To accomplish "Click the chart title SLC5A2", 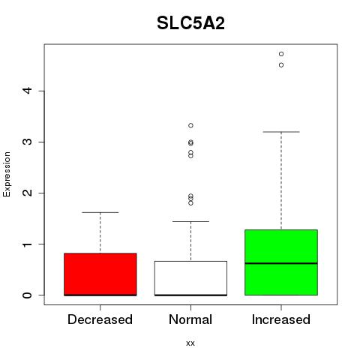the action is pyautogui.click(x=190, y=23).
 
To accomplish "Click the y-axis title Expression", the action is pyautogui.click(x=7, y=174).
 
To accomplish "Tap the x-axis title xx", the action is pyautogui.click(x=190, y=343).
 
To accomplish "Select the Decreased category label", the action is pyautogui.click(x=100, y=319).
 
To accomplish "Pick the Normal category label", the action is pyautogui.click(x=190, y=319).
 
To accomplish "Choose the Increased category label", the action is pyautogui.click(x=281, y=319).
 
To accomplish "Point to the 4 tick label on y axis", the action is pyautogui.click(x=28, y=91).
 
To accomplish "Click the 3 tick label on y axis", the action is pyautogui.click(x=28, y=142).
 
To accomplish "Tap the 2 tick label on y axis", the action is pyautogui.click(x=28, y=193).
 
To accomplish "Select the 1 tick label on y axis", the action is pyautogui.click(x=28, y=244).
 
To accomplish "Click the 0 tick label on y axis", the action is pyautogui.click(x=28, y=295).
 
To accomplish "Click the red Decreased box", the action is pyautogui.click(x=100, y=274).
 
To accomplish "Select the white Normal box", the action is pyautogui.click(x=190, y=278).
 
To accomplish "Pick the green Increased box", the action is pyautogui.click(x=281, y=262).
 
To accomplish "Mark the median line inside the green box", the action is pyautogui.click(x=281, y=263).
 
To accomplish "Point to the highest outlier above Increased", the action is pyautogui.click(x=281, y=54).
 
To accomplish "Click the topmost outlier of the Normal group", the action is pyautogui.click(x=190, y=125).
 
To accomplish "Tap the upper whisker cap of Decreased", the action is pyautogui.click(x=100, y=212).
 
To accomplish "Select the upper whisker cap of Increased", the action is pyautogui.click(x=281, y=132).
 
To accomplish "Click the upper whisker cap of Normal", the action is pyautogui.click(x=190, y=221).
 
